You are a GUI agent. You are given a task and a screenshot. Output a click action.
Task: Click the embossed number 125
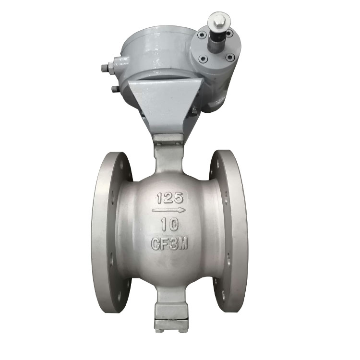coord(170,198)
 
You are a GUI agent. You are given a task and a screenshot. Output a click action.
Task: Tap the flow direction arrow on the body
coord(168,210)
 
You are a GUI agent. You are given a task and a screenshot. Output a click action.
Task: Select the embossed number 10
coord(170,224)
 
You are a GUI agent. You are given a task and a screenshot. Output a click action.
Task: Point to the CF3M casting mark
coord(169,243)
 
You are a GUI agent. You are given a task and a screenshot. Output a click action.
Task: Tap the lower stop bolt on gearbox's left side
coord(115,89)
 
